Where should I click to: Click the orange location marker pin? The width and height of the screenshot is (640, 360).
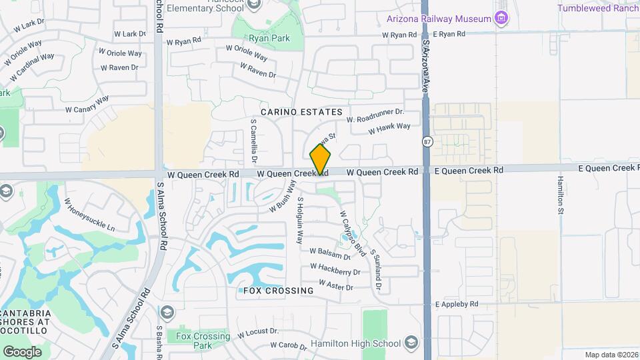click(320, 160)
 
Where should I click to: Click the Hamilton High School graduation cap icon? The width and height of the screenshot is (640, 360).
click(411, 344)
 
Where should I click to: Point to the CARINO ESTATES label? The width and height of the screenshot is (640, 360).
click(301, 112)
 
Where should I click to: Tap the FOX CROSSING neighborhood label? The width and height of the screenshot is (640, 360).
click(278, 291)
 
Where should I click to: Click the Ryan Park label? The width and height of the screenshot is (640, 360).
click(269, 39)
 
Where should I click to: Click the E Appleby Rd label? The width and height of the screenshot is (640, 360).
click(457, 304)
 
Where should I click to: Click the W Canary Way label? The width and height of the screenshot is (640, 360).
click(87, 104)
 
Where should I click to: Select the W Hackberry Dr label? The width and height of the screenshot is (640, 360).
click(335, 271)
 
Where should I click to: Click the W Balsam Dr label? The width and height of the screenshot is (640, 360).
click(330, 253)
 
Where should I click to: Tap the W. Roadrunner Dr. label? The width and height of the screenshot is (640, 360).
click(375, 116)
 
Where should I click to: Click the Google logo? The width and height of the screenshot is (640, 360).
click(22, 351)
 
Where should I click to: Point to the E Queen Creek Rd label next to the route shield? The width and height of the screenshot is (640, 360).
click(469, 171)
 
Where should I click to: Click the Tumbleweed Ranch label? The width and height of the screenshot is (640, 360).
click(598, 8)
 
